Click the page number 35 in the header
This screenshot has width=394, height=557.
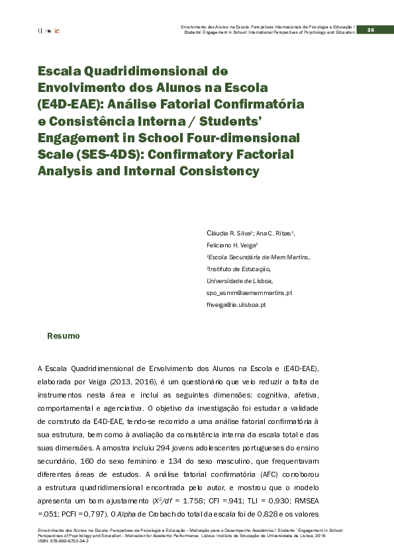[x=371, y=29]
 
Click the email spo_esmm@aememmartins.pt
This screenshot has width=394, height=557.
[x=250, y=292]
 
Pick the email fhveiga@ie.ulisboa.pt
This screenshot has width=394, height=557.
[x=236, y=304]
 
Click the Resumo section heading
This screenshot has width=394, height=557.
[x=63, y=337]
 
